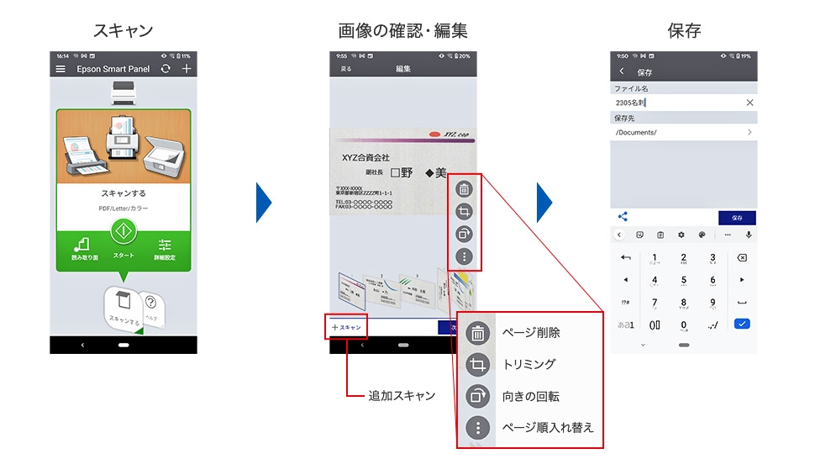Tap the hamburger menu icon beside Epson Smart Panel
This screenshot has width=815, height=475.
click(60, 69)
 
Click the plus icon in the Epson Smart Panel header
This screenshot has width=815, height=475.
click(187, 69)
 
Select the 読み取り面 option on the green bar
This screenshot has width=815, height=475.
click(83, 248)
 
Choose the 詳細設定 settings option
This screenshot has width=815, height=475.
click(164, 248)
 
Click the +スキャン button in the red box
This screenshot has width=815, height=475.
click(346, 327)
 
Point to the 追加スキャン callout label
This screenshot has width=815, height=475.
click(402, 395)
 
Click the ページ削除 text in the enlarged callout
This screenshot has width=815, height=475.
click(530, 333)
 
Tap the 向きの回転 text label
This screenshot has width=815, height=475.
click(530, 396)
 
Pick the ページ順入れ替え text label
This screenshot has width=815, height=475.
click(547, 427)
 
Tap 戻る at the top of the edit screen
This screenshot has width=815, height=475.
click(346, 69)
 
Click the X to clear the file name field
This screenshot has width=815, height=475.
click(749, 103)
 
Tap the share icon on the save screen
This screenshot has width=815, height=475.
click(623, 217)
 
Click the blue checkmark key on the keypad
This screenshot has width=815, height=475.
click(741, 323)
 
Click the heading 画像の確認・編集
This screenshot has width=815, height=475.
click(402, 31)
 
